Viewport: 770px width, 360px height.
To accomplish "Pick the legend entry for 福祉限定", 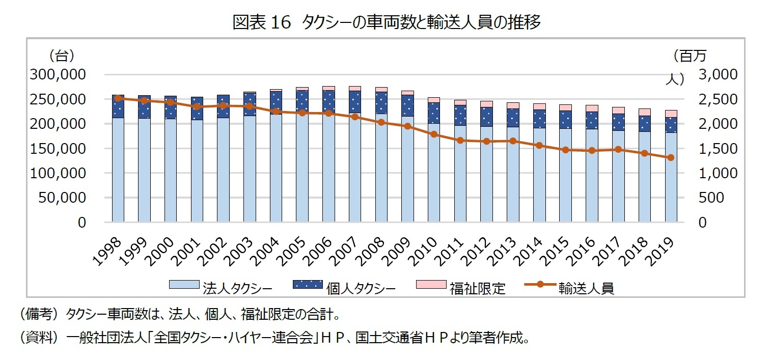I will (461, 288).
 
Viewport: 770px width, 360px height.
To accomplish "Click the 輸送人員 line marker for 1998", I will (118, 98).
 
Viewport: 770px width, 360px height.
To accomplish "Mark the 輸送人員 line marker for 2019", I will (671, 157).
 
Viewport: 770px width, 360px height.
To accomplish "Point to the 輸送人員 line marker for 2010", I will (434, 134).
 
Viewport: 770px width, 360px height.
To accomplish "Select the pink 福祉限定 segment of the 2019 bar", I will (671, 114).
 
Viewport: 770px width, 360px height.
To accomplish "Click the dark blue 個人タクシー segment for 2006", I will (328, 101).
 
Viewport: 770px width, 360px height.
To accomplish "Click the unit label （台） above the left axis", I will (62, 54).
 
